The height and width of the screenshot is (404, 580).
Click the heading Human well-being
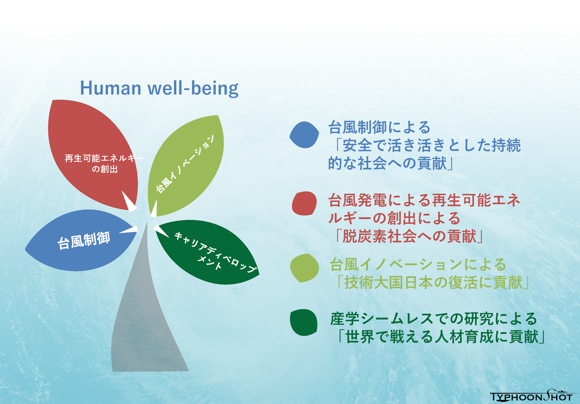(x=159, y=88)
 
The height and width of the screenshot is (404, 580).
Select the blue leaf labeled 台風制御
(x=79, y=240)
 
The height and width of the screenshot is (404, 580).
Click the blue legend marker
(x=304, y=135)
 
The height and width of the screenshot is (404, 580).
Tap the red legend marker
(x=304, y=203)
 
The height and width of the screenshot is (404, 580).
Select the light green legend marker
(x=304, y=268)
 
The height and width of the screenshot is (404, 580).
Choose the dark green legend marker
(x=304, y=323)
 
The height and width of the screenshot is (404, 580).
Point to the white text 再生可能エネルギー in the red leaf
(x=104, y=158)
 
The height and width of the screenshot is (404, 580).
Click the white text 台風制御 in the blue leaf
(x=84, y=240)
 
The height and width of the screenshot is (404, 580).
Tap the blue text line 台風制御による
(x=380, y=127)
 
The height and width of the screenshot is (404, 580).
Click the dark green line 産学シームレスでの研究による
(x=434, y=319)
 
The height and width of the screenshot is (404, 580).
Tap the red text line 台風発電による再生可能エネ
(x=424, y=201)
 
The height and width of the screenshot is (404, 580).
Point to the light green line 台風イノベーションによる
(x=418, y=265)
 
